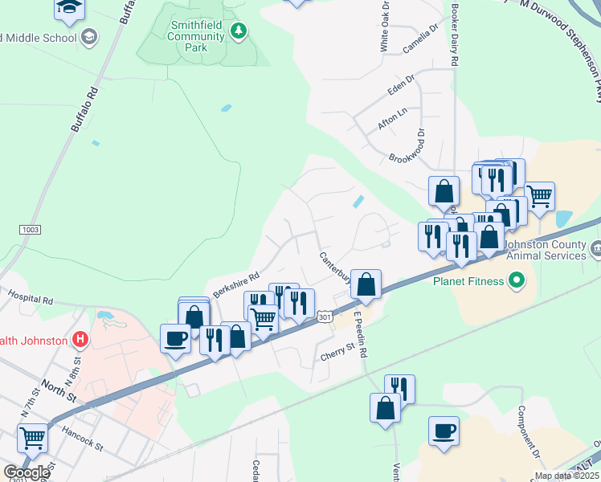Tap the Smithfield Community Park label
(x=197, y=36)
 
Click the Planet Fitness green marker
(x=517, y=281)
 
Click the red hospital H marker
(x=80, y=340)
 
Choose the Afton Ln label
(x=392, y=119)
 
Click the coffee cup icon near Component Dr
(x=444, y=431)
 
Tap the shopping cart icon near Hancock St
(x=32, y=438)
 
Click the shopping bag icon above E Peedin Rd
(x=366, y=284)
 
